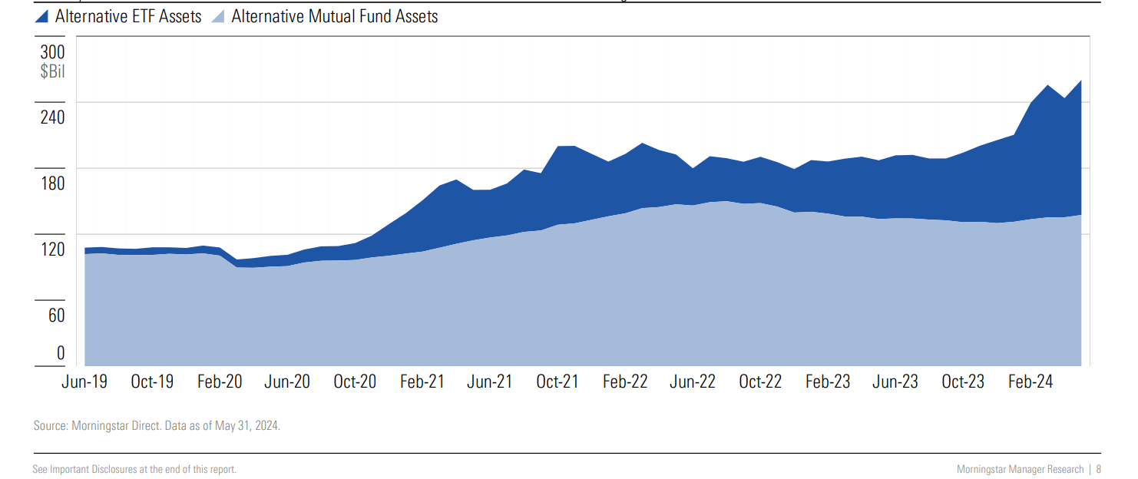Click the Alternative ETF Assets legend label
click(x=128, y=16)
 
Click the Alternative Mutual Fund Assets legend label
click(x=334, y=16)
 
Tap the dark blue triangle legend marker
click(x=42, y=16)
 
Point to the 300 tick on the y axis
click(x=53, y=52)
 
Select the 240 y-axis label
click(x=53, y=117)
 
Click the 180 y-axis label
click(x=53, y=183)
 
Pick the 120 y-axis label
click(x=53, y=249)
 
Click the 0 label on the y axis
click(x=61, y=353)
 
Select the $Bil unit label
click(x=52, y=72)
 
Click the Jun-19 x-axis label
click(x=84, y=382)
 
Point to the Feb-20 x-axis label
click(x=220, y=382)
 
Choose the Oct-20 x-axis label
click(x=355, y=382)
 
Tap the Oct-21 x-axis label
click(x=557, y=382)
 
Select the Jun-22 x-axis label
click(x=693, y=382)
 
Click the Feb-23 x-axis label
click(x=828, y=382)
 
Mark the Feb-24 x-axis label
click(x=1030, y=382)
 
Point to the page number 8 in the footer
click(x=1099, y=469)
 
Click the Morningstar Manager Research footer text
click(x=1021, y=469)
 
